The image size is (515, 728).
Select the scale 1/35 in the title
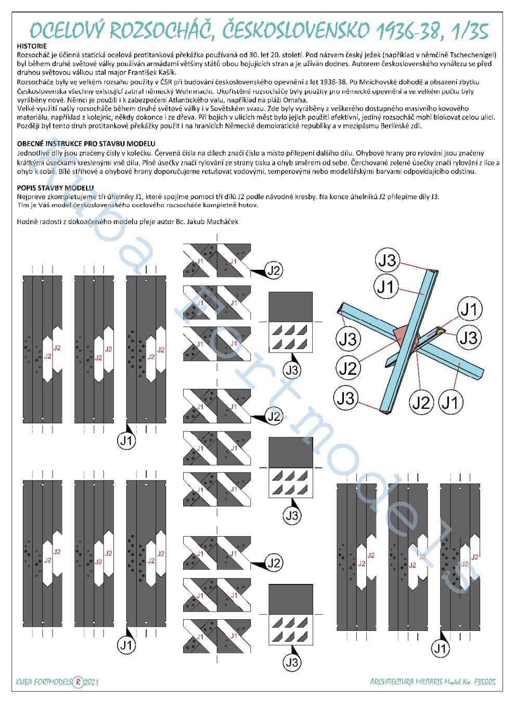(470, 31)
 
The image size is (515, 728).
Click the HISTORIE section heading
(32, 46)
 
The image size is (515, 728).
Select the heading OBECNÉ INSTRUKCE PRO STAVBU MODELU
(86, 144)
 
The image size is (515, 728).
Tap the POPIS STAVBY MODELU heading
(55, 188)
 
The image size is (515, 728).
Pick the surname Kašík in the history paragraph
(165, 73)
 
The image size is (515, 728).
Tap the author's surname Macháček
(223, 222)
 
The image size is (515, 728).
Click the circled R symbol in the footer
(78, 682)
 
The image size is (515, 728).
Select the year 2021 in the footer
(91, 682)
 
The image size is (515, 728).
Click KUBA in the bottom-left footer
(24, 682)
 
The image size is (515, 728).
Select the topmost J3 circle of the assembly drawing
(388, 260)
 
